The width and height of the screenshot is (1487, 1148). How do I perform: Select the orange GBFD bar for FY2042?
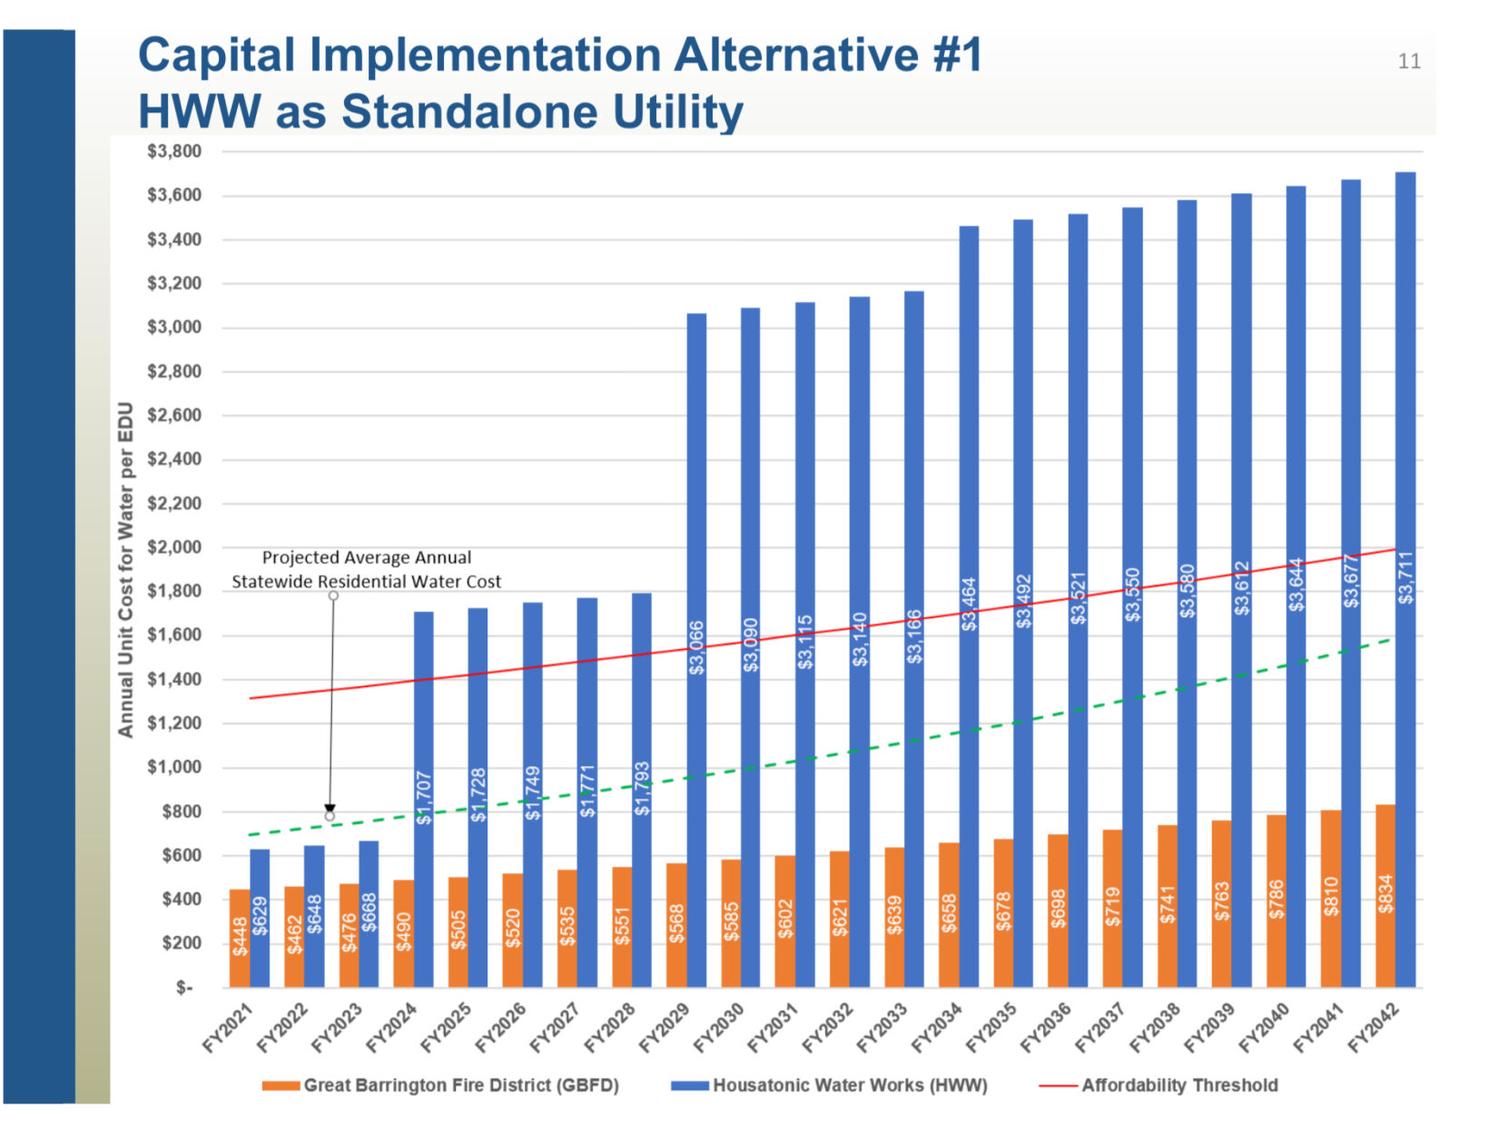point(1385,895)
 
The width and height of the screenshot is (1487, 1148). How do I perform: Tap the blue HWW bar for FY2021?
point(260,917)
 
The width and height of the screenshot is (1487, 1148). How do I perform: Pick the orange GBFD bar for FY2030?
point(731,922)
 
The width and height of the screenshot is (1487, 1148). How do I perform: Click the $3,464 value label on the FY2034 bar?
point(970,604)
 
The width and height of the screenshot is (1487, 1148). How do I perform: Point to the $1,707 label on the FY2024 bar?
point(424,798)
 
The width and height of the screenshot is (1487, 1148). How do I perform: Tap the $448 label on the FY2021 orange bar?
point(240,937)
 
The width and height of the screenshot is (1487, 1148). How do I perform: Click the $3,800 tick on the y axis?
point(174,152)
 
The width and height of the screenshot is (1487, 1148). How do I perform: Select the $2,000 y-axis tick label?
point(174,547)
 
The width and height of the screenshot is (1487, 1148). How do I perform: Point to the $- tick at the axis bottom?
point(184,987)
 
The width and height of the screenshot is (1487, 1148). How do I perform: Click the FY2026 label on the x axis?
point(500,1027)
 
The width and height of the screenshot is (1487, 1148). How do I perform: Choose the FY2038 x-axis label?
point(1155,1027)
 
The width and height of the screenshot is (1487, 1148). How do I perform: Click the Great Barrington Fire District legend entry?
point(441,1085)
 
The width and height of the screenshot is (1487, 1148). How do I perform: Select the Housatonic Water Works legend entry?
point(830,1085)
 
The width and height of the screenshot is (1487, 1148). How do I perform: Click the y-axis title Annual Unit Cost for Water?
point(125,569)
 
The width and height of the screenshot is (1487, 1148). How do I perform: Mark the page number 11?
point(1409,62)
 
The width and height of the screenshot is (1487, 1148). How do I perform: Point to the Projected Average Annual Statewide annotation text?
point(366,569)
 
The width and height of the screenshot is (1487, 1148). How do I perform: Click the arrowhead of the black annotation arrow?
point(330,809)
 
